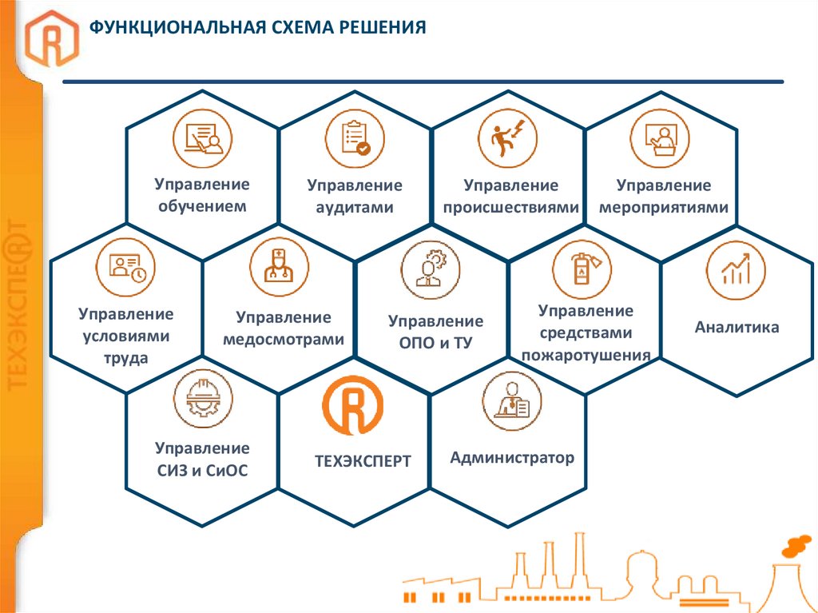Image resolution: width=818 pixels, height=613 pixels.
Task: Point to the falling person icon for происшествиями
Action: click(x=507, y=137)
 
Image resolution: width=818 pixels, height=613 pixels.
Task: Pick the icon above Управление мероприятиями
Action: click(x=659, y=137)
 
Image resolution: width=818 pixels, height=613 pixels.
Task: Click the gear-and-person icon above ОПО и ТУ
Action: click(x=431, y=270)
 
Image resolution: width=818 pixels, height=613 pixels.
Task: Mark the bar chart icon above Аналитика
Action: click(x=736, y=270)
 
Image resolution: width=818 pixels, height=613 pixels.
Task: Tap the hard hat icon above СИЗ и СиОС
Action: click(x=202, y=399)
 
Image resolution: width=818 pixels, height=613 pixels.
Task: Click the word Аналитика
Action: click(x=737, y=327)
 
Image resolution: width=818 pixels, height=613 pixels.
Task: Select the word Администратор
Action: click(x=511, y=458)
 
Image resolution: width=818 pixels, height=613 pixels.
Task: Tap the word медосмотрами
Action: click(x=284, y=339)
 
